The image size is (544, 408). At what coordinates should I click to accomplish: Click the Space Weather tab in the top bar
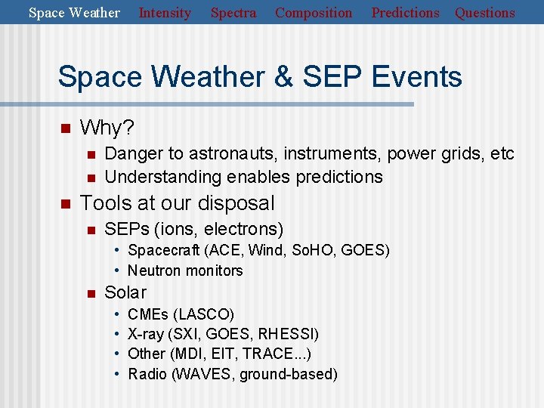(74, 13)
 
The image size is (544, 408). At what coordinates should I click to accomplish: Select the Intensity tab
(165, 13)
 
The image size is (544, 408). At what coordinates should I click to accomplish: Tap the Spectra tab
(233, 13)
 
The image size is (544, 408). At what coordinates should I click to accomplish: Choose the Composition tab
(314, 13)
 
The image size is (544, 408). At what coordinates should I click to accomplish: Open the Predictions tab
(405, 13)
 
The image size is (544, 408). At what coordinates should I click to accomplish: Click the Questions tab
(484, 13)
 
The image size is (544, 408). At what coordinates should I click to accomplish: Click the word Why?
(107, 128)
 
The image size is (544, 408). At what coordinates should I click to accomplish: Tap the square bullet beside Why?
(65, 128)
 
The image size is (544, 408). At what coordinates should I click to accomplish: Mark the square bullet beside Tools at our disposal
(65, 203)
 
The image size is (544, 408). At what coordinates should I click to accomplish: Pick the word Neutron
(154, 270)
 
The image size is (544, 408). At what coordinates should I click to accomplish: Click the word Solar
(125, 292)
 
